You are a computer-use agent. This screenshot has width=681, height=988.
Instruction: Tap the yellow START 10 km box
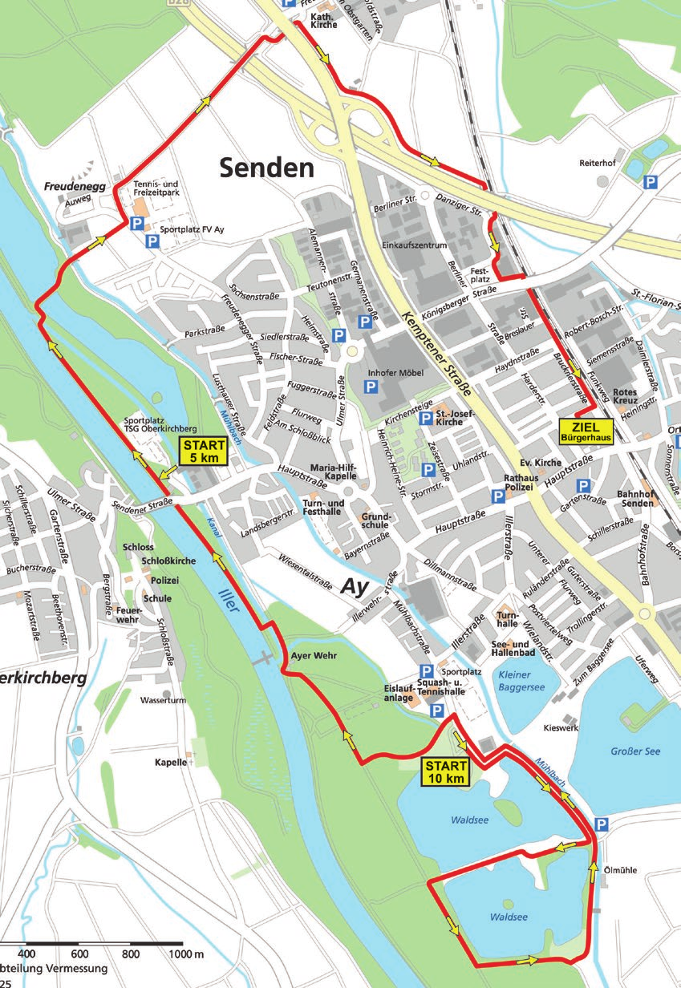pyautogui.click(x=445, y=771)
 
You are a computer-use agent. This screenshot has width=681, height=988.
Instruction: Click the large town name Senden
pyautogui.click(x=266, y=168)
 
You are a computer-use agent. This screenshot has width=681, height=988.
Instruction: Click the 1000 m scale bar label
pyautogui.click(x=188, y=954)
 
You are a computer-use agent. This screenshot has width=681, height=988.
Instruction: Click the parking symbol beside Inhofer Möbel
pyautogui.click(x=371, y=387)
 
